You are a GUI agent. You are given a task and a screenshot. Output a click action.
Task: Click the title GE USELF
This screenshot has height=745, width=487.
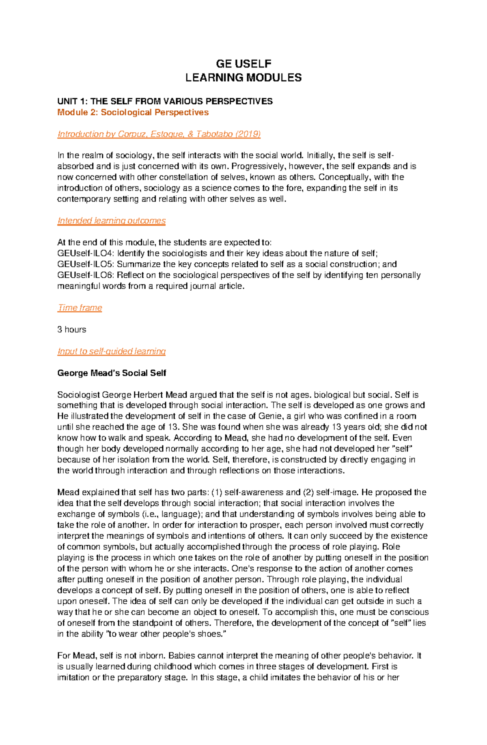[243, 64]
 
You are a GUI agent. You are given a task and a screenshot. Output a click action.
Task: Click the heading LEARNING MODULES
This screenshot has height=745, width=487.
[243, 78]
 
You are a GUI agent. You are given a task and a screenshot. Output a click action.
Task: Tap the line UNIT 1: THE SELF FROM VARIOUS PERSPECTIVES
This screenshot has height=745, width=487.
[165, 101]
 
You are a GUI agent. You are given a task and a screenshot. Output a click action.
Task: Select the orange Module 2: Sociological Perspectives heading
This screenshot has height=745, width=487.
[133, 112]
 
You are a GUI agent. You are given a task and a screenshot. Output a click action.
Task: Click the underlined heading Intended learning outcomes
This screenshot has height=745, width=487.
[111, 220]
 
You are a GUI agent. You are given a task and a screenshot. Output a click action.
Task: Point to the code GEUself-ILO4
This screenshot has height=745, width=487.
[85, 253]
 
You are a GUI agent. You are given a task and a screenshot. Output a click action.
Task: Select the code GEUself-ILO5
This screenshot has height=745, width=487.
[85, 264]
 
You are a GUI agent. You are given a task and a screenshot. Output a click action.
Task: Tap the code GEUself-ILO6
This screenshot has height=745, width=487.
[85, 275]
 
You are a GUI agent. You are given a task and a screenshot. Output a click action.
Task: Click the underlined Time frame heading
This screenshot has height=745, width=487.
[80, 308]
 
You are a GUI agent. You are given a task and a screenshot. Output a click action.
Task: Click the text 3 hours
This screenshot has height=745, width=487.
[71, 329]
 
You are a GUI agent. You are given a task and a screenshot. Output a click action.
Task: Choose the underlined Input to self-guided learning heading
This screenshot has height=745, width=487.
[111, 351]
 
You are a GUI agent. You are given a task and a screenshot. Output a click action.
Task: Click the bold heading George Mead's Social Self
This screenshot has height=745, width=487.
[112, 373]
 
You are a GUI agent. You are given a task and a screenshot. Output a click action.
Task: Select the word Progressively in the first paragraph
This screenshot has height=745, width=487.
[256, 166]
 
